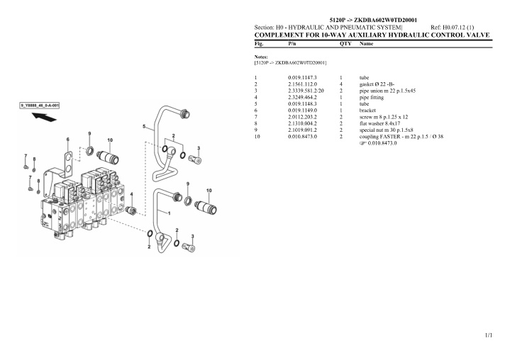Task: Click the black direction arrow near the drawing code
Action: coord(44,117)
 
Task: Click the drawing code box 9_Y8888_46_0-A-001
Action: coord(40,106)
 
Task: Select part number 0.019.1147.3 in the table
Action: coord(302,78)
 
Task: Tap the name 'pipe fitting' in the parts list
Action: coord(372,97)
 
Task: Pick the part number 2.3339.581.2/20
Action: coord(306,91)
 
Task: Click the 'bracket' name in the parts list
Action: coord(367,110)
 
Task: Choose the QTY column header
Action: coord(345,43)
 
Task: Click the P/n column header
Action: coord(292,43)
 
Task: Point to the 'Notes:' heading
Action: coord(261,57)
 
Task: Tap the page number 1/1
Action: coord(489,335)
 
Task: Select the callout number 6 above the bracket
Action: coord(67,140)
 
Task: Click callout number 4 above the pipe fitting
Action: coord(131,194)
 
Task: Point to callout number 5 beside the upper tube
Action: coord(144,126)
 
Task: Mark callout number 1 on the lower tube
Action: coord(169,213)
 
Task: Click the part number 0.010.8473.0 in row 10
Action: coord(302,137)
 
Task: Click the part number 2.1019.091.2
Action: coord(302,130)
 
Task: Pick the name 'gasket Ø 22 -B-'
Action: coord(377,84)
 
